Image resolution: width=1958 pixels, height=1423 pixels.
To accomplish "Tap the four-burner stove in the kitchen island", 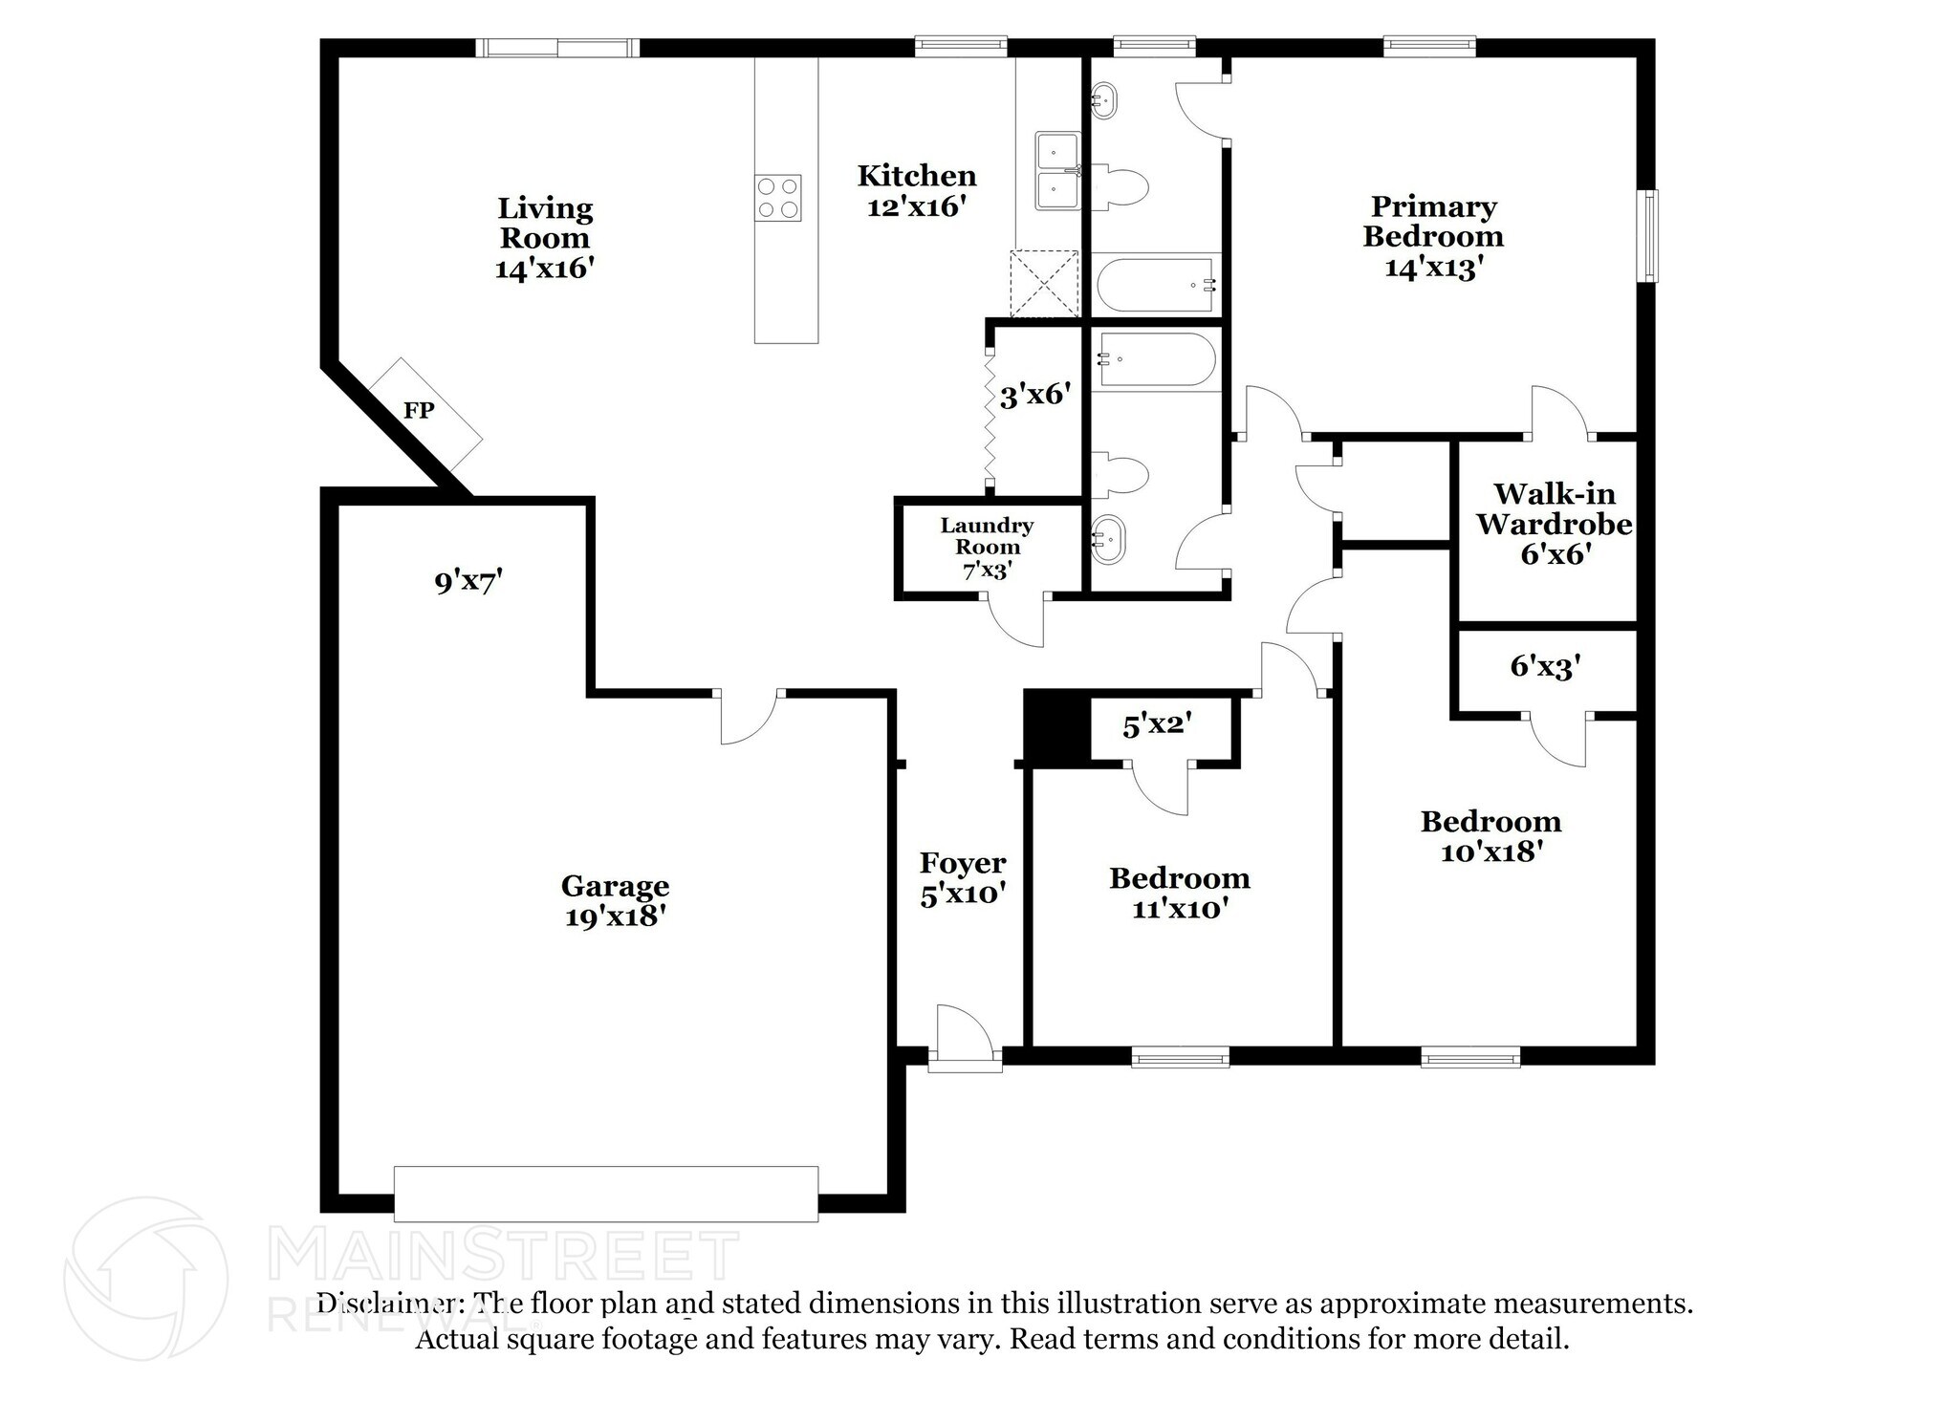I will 777,199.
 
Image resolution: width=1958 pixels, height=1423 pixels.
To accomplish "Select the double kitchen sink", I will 1056,171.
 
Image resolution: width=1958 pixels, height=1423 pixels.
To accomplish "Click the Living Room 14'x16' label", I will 545,238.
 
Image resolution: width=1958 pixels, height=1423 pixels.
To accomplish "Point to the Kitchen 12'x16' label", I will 917,190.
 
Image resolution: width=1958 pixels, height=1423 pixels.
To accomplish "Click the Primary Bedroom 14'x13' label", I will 1433,236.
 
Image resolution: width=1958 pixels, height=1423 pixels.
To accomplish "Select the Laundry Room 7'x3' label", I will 988,548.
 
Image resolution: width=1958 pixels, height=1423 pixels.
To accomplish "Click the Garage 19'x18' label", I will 615,900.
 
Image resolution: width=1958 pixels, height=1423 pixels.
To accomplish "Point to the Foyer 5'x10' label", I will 963,877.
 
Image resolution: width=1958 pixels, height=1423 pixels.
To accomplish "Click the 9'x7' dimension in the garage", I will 468,581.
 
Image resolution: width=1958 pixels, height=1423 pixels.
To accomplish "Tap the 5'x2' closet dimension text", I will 1158,726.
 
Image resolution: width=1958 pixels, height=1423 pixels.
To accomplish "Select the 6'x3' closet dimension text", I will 1546,666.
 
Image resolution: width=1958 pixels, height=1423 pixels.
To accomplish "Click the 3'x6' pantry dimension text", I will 1033,395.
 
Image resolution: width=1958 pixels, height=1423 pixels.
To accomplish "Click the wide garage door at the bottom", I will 606,1193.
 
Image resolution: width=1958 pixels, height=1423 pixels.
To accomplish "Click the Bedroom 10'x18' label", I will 1490,835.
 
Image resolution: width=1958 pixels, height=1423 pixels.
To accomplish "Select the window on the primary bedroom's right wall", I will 1650,236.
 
